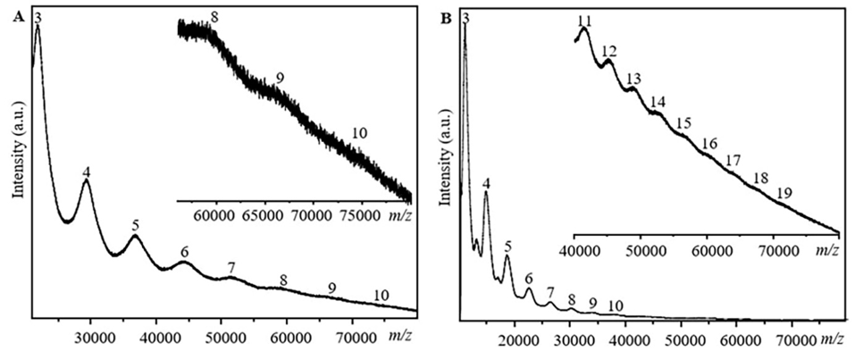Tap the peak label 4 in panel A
pyautogui.click(x=86, y=171)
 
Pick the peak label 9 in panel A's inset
pyautogui.click(x=280, y=79)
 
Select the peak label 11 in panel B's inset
pyautogui.click(x=585, y=21)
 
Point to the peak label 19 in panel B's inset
pyautogui.click(x=784, y=192)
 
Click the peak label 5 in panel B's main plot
pyautogui.click(x=507, y=246)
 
